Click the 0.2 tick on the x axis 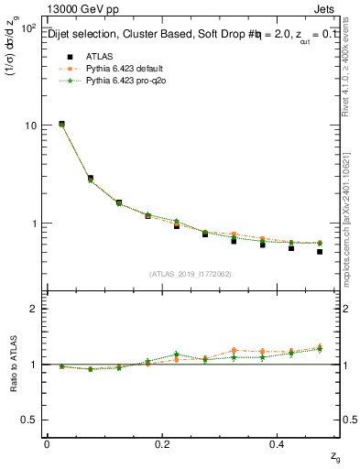coord(162,443)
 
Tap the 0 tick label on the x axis coord(47,443)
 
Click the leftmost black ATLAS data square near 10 coord(61,124)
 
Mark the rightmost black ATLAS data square coord(319,252)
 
